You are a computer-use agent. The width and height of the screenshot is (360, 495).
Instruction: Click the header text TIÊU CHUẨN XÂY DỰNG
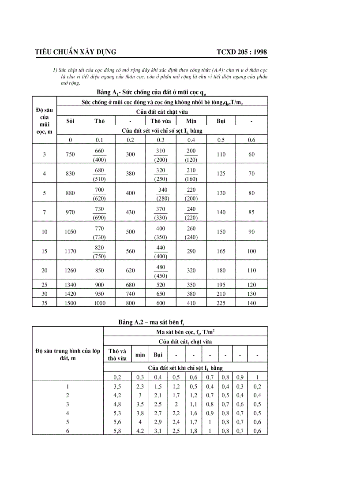point(75,52)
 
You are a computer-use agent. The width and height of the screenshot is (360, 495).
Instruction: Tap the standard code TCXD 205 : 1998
point(242,52)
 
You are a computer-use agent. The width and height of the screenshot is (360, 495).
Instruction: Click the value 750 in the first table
point(71,154)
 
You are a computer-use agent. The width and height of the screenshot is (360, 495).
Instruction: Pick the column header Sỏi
point(71,121)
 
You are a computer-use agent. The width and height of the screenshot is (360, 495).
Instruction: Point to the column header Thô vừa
point(161,121)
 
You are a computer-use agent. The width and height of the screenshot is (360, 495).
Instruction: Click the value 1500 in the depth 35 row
point(71,303)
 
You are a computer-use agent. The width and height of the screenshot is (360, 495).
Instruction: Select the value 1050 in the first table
point(71,232)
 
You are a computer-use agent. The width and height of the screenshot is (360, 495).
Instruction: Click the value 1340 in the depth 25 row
point(71,285)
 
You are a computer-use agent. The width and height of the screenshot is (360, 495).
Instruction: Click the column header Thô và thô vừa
point(117,355)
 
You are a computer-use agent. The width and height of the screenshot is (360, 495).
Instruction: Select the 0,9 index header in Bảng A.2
point(240,377)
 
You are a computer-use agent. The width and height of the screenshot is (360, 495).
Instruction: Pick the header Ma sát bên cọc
point(185,331)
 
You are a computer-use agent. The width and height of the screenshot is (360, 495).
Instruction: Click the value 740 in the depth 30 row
point(131,294)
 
